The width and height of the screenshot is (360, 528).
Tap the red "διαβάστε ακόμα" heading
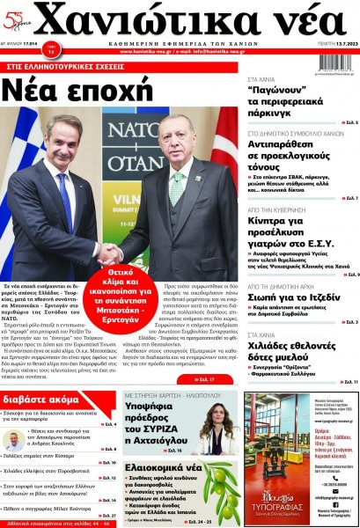pyautogui.click(x=45, y=398)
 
